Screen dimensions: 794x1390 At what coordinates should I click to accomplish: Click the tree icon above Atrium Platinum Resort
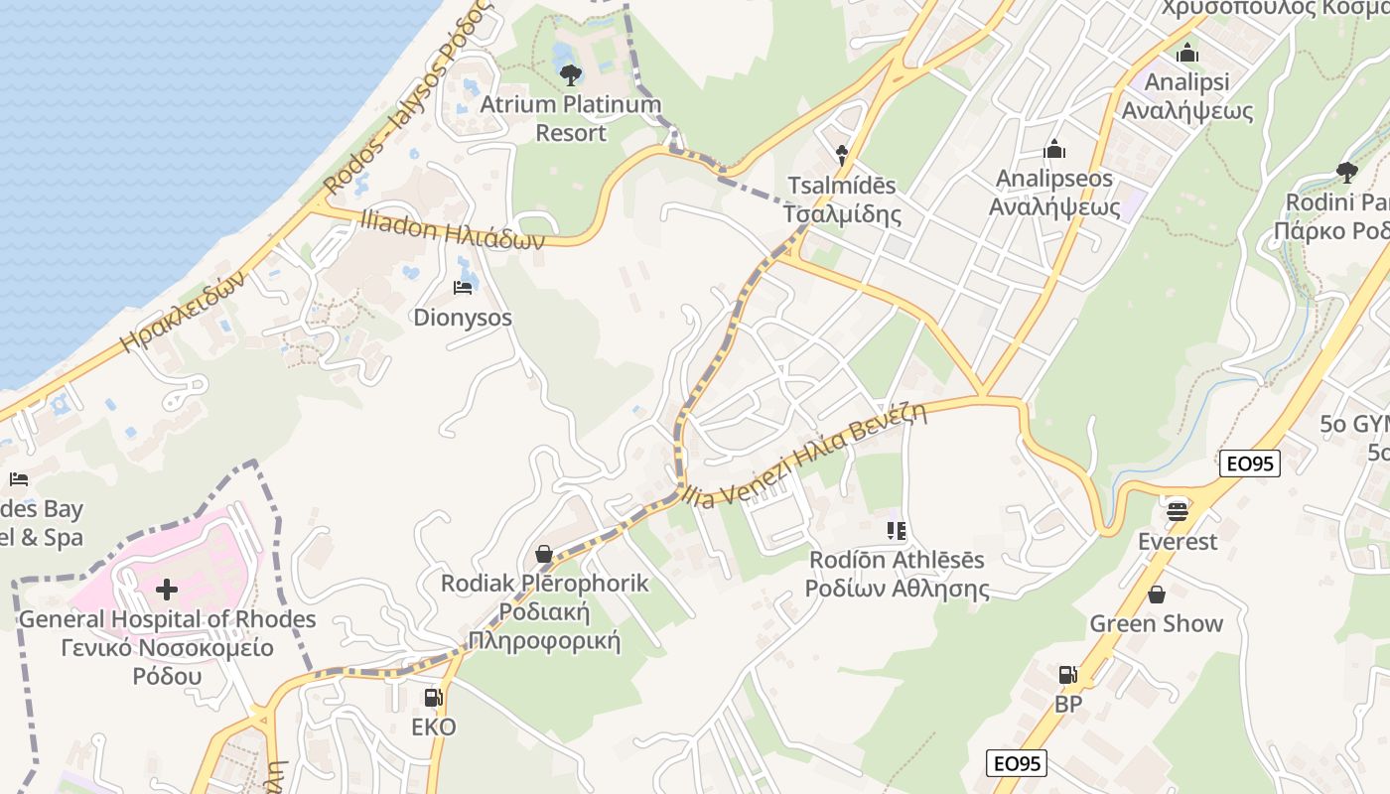pyautogui.click(x=570, y=74)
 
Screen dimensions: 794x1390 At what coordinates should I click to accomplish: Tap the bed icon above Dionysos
pyautogui.click(x=463, y=288)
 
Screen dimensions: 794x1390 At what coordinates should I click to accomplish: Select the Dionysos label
pyautogui.click(x=463, y=318)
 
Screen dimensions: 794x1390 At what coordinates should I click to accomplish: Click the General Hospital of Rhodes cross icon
pyautogui.click(x=167, y=591)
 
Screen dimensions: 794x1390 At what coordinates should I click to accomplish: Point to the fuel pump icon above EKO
pyautogui.click(x=433, y=698)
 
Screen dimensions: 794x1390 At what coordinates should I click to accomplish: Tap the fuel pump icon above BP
pyautogui.click(x=1067, y=675)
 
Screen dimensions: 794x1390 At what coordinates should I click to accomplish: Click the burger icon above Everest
pyautogui.click(x=1178, y=511)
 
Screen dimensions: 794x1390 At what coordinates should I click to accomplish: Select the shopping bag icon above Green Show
pyautogui.click(x=1157, y=595)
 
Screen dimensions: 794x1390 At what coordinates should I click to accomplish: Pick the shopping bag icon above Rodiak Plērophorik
pyautogui.click(x=544, y=553)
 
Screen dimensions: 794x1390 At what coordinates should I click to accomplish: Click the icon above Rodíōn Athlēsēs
pyautogui.click(x=897, y=531)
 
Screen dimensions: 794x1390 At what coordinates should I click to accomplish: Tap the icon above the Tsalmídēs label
pyautogui.click(x=842, y=155)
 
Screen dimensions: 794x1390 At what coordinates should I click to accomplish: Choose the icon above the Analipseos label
pyautogui.click(x=1054, y=150)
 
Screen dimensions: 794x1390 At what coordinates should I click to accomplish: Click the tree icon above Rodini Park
pyautogui.click(x=1347, y=173)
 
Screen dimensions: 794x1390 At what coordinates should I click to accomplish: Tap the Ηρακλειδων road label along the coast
pyautogui.click(x=183, y=312)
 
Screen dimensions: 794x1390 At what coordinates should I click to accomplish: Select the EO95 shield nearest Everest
pyautogui.click(x=1250, y=463)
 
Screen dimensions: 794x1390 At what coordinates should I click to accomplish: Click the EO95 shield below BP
pyautogui.click(x=1018, y=762)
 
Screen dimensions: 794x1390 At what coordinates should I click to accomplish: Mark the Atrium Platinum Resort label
pyautogui.click(x=570, y=118)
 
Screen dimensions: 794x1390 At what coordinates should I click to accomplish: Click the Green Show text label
pyautogui.click(x=1157, y=623)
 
